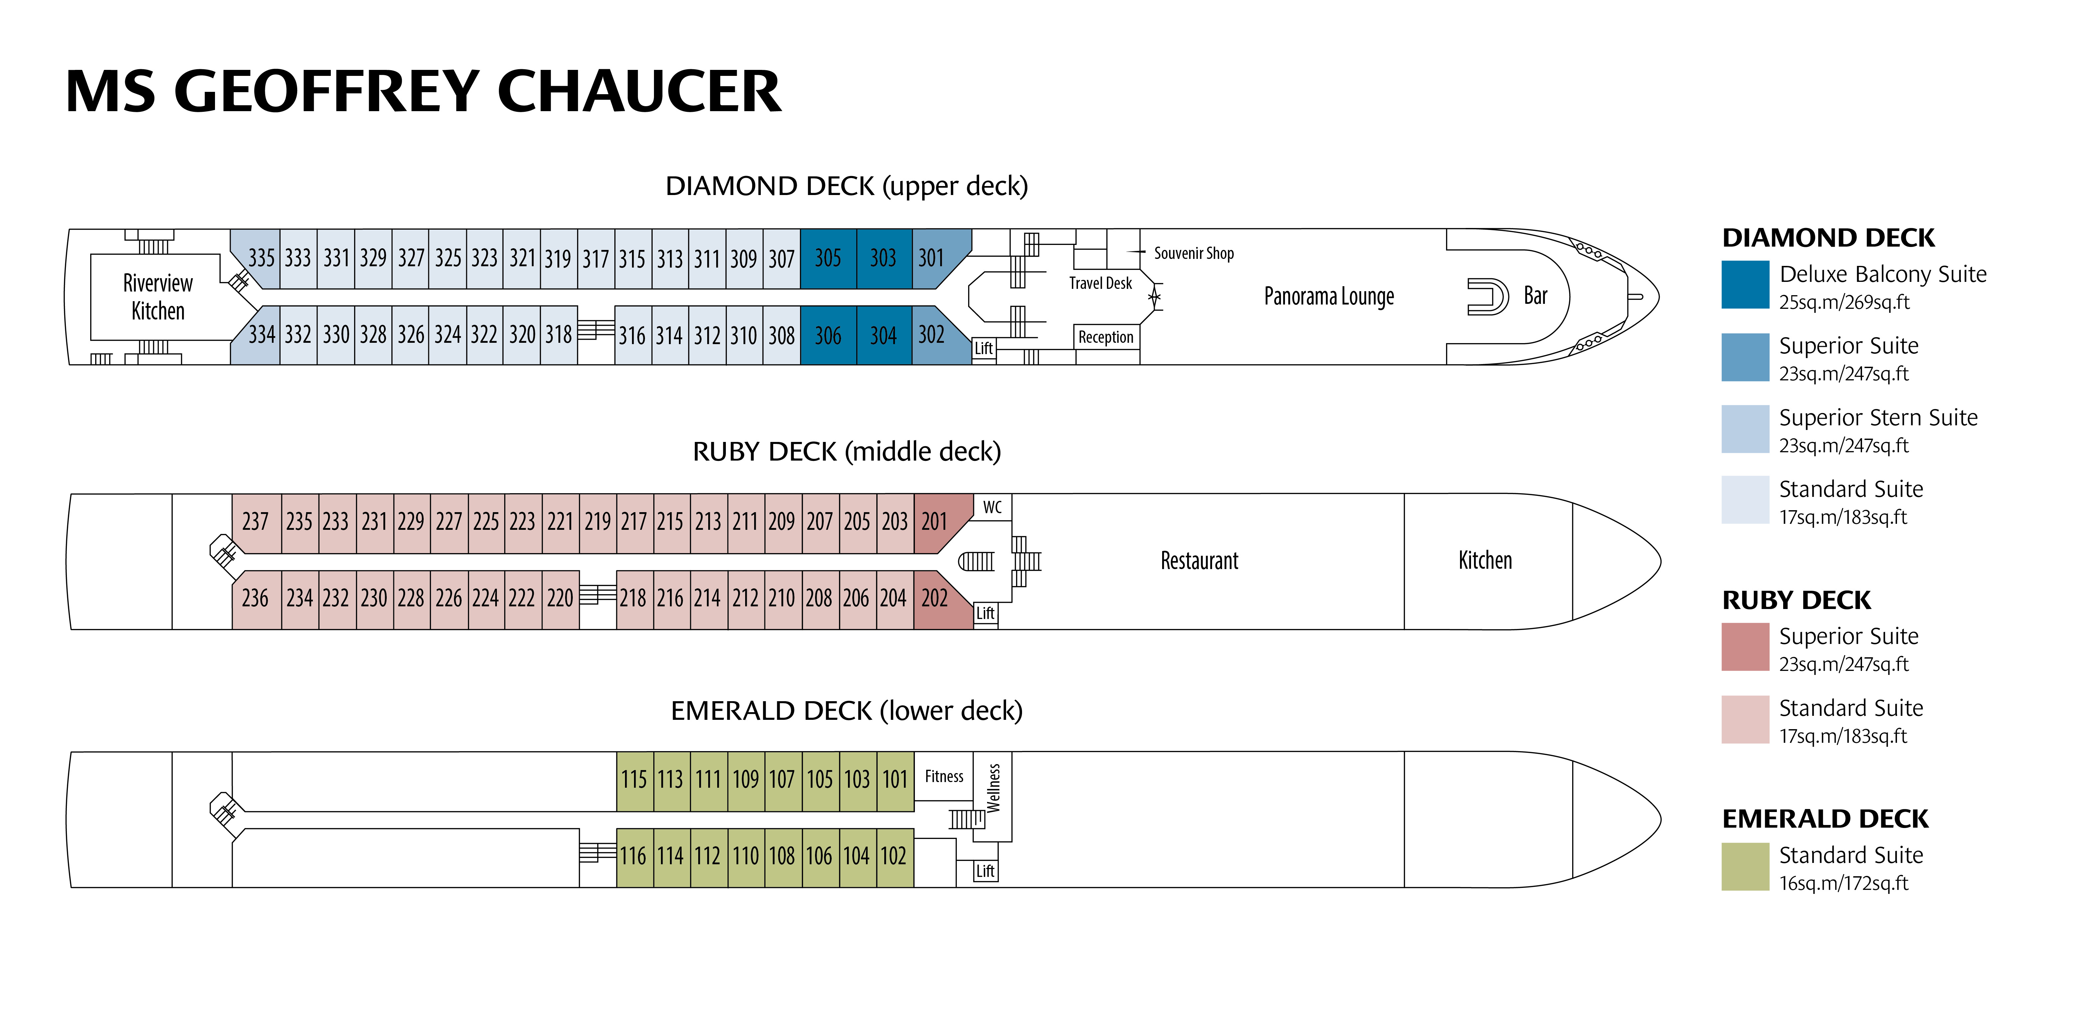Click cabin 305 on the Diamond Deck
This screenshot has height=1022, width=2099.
[x=828, y=258]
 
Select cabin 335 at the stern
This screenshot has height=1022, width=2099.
[x=259, y=258]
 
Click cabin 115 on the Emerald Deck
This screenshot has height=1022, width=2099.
[x=635, y=780]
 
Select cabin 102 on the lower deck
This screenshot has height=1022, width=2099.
[x=895, y=857]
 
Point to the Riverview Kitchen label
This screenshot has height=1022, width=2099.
[x=158, y=297]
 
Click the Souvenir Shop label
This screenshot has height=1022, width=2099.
[x=1194, y=254]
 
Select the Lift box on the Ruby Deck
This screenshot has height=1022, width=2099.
[x=985, y=613]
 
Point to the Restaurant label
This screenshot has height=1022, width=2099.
[x=1199, y=561]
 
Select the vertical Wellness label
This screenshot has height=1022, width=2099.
[x=993, y=787]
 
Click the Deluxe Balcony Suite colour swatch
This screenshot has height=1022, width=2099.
[x=1745, y=285]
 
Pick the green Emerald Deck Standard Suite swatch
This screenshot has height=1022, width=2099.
[x=1745, y=866]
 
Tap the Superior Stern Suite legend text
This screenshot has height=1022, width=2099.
[x=1878, y=417]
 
